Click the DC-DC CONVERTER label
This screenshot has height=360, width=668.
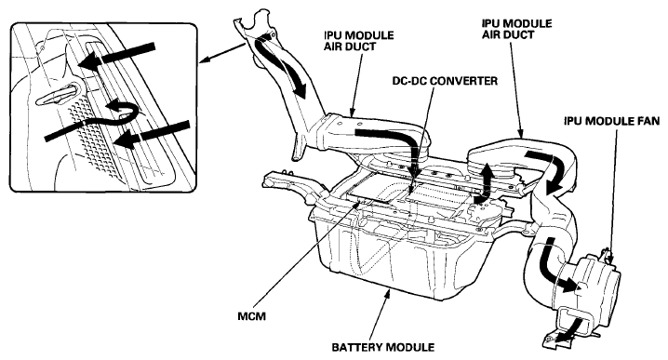[x=445, y=81]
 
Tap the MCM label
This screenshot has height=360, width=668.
[x=251, y=316]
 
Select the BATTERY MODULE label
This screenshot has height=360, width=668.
[x=383, y=347]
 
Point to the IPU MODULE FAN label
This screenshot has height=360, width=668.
[x=612, y=121]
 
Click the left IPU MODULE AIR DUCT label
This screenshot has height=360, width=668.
[x=358, y=41]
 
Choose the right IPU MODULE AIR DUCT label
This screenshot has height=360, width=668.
[x=516, y=29]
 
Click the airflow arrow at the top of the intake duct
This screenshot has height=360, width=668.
[x=282, y=67]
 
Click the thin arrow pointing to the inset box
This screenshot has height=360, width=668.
[x=222, y=53]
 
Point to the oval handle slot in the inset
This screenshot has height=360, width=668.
[x=58, y=95]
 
